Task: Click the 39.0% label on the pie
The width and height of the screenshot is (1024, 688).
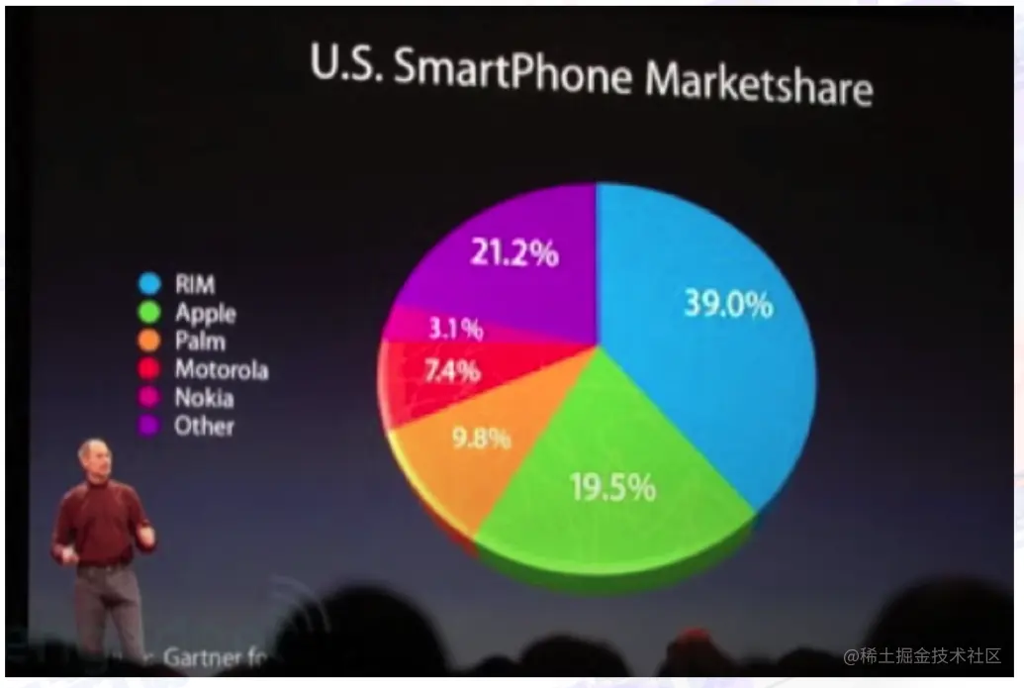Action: pos(727,304)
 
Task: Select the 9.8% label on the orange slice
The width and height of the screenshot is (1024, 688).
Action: pos(482,437)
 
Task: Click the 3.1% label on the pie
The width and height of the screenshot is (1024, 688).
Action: pos(456,328)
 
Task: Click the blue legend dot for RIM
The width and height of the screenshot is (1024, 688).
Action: pos(149,285)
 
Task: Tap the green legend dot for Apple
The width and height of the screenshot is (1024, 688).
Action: pos(149,314)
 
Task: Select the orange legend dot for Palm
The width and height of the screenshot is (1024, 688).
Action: pos(149,343)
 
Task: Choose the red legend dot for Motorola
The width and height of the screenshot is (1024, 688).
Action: pos(149,370)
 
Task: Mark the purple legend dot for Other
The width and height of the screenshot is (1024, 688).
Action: pos(149,428)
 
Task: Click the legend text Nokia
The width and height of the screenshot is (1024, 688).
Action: pos(204,399)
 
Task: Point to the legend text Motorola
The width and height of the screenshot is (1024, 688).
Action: pos(221,370)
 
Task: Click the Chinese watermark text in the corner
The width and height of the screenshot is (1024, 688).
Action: pos(922,655)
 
